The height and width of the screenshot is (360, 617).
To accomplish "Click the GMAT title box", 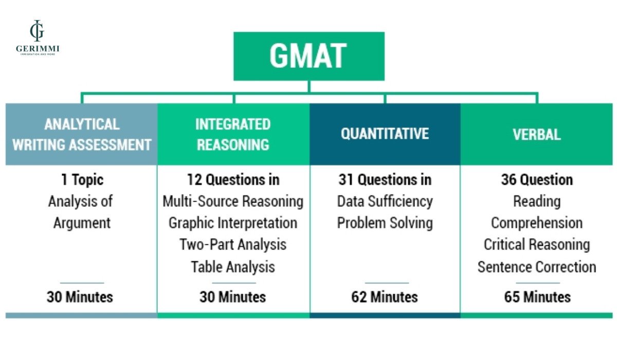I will pyautogui.click(x=308, y=56).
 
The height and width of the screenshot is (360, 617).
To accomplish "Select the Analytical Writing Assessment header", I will pyautogui.click(x=81, y=134).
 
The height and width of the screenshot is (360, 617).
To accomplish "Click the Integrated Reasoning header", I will pyautogui.click(x=233, y=134).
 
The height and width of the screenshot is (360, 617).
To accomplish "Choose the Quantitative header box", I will pyautogui.click(x=385, y=134).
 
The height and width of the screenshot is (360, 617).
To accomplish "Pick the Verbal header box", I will pyautogui.click(x=536, y=134).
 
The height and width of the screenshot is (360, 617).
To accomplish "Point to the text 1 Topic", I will pyautogui.click(x=81, y=179).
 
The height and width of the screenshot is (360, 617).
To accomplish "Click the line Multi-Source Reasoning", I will pyautogui.click(x=233, y=201).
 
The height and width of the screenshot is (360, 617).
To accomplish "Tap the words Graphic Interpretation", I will pyautogui.click(x=233, y=223).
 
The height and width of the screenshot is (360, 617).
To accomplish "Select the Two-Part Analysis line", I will pyautogui.click(x=233, y=245).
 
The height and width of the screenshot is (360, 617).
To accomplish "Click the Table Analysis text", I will pyautogui.click(x=233, y=267).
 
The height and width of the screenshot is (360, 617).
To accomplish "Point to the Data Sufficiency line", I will pyautogui.click(x=385, y=201).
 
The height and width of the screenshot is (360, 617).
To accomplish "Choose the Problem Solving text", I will pyautogui.click(x=385, y=223).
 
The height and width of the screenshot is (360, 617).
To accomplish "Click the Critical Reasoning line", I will pyautogui.click(x=536, y=245).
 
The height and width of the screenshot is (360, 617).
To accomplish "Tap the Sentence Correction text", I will pyautogui.click(x=536, y=267).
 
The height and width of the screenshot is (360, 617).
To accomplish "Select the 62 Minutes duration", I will pyautogui.click(x=385, y=297).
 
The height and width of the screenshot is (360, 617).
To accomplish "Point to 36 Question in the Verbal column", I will pyautogui.click(x=536, y=179).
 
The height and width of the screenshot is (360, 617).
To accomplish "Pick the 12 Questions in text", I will pyautogui.click(x=233, y=179).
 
